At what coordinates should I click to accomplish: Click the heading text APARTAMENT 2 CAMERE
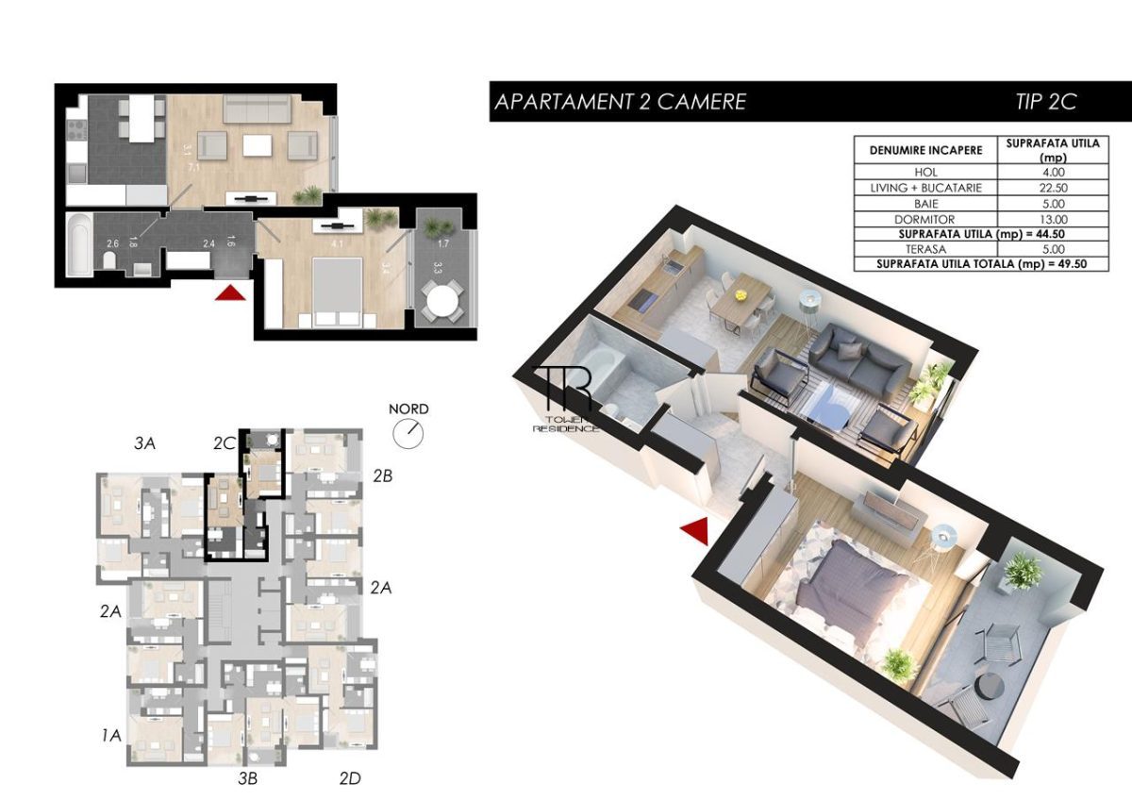coord(621,102)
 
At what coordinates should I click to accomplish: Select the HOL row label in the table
coord(925,173)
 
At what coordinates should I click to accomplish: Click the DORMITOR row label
coord(925,218)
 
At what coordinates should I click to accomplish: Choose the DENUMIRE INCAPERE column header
coord(925,150)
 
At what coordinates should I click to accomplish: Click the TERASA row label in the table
coord(925,248)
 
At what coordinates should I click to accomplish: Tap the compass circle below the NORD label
coord(408,432)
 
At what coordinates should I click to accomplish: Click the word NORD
coord(408,409)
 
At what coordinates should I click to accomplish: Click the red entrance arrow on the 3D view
coord(695,531)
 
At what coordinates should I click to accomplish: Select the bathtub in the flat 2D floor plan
coord(79,243)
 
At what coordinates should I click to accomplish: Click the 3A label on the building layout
coord(144,442)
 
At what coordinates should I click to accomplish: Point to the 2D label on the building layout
coord(349,778)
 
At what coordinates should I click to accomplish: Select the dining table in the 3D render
coord(740,300)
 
